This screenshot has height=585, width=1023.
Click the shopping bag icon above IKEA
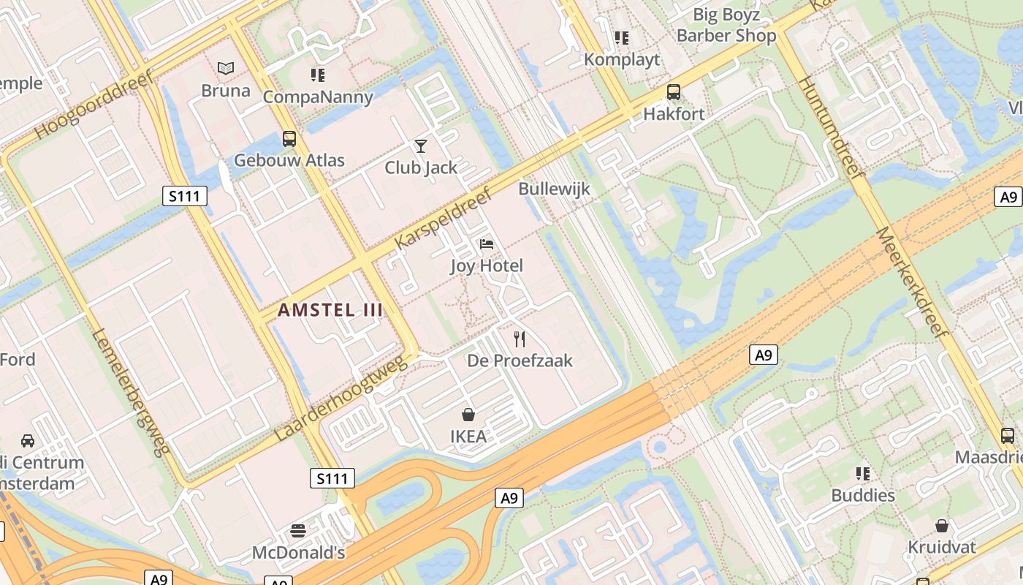[468, 415]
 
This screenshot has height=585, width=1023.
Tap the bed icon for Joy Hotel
[487, 244]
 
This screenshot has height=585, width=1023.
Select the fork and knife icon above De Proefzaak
[520, 339]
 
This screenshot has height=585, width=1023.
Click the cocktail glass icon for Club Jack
[421, 146]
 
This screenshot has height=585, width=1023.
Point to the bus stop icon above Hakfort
[674, 92]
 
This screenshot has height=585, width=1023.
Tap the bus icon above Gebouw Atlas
[289, 138]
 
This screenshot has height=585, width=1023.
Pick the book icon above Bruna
[226, 69]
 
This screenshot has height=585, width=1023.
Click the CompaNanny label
[318, 97]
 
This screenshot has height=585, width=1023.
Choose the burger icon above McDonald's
[298, 530]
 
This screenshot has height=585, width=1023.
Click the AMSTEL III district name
[330, 310]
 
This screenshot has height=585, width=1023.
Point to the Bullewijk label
[554, 189]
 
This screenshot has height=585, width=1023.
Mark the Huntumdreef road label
[832, 127]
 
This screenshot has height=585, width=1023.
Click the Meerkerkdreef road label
[911, 281]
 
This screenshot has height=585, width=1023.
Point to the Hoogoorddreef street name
[94, 104]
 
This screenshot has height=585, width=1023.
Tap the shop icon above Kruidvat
[942, 526]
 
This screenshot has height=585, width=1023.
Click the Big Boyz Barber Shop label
[726, 25]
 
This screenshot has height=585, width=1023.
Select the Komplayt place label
[622, 60]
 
